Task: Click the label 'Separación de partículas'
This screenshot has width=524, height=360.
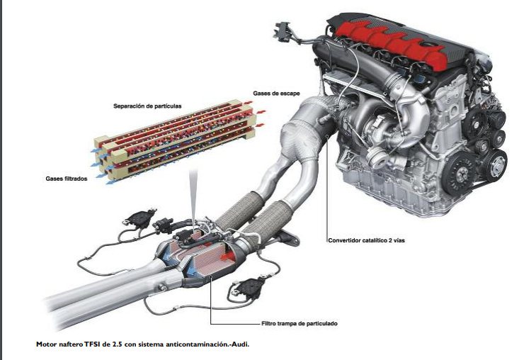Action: (x=147, y=106)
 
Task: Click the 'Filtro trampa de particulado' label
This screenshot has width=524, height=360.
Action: (x=299, y=323)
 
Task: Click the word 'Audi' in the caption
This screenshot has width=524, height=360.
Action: (x=241, y=344)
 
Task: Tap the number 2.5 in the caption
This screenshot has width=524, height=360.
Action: (x=119, y=344)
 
